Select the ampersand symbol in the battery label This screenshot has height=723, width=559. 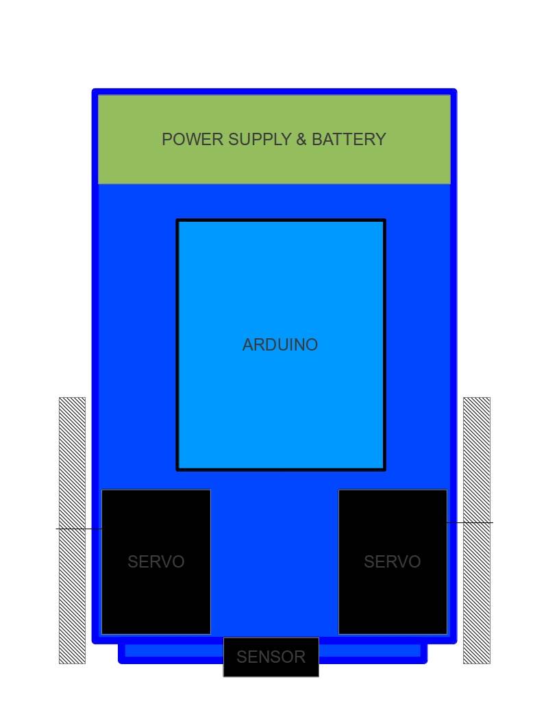pos(301,140)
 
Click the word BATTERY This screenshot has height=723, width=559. pos(349,140)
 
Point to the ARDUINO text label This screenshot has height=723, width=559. pos(280,345)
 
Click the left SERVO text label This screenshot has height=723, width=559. pos(156,562)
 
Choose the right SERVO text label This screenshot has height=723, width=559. pos(392,562)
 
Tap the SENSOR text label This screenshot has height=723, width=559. pos(271,657)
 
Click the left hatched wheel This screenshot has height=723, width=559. pos(72,466)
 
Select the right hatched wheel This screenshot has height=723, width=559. pos(477,466)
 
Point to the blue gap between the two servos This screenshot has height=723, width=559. pos(274,561)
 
